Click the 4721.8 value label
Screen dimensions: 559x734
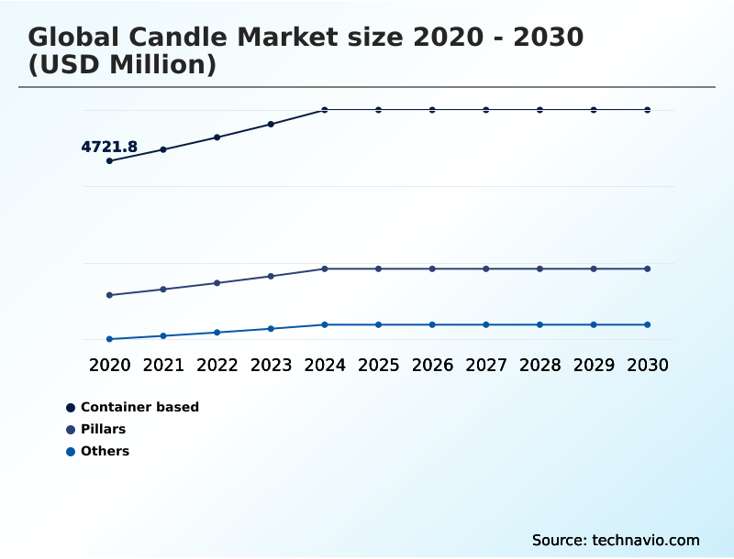[109, 147]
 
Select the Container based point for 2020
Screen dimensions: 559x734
[109, 161]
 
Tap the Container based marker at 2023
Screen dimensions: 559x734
[271, 124]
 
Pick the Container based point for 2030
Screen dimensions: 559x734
[648, 110]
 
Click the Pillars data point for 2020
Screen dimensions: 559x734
[109, 295]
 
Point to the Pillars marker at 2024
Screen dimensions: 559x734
[325, 269]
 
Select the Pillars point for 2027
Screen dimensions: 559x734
[486, 269]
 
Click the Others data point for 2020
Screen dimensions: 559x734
[109, 339]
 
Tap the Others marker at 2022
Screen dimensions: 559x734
[217, 332]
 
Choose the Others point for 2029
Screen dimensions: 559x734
[594, 324]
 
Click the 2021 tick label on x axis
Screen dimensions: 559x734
[163, 365]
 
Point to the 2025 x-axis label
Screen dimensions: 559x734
[378, 365]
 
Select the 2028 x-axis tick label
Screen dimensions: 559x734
[539, 365]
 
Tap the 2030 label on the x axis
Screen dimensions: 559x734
[648, 365]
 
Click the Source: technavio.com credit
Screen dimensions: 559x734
[616, 540]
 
